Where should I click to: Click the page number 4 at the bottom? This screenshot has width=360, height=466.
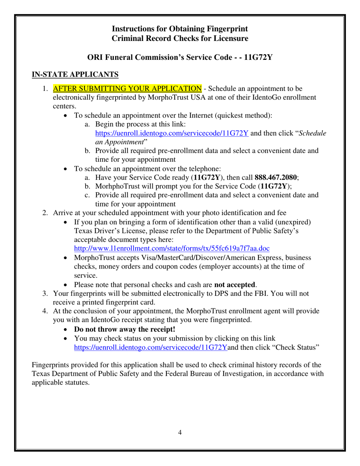point(180,432)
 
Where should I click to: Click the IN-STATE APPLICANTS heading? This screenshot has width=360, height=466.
point(75,74)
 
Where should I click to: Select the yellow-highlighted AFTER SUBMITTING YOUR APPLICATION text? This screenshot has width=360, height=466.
point(127,89)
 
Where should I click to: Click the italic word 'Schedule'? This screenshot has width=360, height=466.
point(313,133)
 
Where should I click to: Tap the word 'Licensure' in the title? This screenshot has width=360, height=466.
point(230,38)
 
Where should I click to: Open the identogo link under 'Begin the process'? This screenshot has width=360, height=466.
point(172,133)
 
